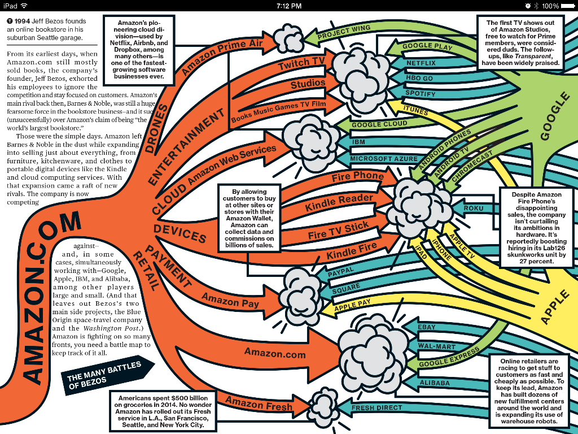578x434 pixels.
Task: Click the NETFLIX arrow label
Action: pyautogui.click(x=421, y=63)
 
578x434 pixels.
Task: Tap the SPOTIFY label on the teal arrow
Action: pyautogui.click(x=421, y=93)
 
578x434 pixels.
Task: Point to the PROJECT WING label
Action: pyautogui.click(x=344, y=32)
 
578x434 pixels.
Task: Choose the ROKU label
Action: pyautogui.click(x=473, y=209)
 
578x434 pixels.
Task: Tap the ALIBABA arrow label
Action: pyautogui.click(x=435, y=383)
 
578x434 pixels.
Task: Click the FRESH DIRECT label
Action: pyautogui.click(x=376, y=407)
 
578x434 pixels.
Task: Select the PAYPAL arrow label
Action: pyautogui.click(x=340, y=272)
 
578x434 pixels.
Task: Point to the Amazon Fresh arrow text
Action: pyautogui.click(x=259, y=403)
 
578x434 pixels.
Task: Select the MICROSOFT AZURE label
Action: pyautogui.click(x=383, y=159)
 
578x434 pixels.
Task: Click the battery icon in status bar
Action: pyautogui.click(x=567, y=6)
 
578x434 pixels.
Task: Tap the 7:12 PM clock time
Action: pyautogui.click(x=289, y=6)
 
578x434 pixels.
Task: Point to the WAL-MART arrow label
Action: pyautogui.click(x=436, y=346)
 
